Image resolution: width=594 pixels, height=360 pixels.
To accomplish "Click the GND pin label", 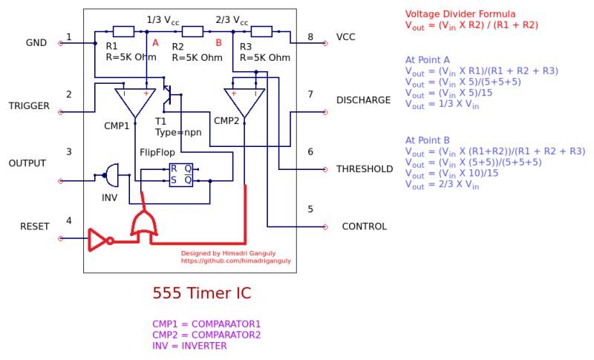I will (x=36, y=43).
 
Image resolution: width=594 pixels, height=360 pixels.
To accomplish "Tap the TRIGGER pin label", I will (x=29, y=106).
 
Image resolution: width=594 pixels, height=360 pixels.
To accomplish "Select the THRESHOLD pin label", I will (x=365, y=169).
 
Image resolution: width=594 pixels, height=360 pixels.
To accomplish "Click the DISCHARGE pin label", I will (x=363, y=100).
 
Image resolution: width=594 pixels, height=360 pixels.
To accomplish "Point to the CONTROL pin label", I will (x=364, y=226).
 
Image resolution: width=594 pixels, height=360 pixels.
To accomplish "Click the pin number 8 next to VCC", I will (x=310, y=37).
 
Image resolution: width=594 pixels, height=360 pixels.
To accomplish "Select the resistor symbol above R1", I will (x=123, y=31).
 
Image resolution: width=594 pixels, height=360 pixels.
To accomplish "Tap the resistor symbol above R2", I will (x=192, y=31).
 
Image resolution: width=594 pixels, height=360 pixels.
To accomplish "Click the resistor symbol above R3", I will (x=261, y=31).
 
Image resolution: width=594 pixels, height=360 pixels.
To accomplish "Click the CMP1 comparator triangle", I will (x=134, y=101).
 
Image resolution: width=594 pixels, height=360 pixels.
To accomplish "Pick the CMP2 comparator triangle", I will (x=244, y=101).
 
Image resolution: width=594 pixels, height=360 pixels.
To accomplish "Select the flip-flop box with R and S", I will (x=180, y=174).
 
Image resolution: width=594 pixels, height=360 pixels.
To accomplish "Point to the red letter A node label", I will (x=155, y=43).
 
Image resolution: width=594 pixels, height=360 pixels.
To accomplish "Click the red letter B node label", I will (x=218, y=43).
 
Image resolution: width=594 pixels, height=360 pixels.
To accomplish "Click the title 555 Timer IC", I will (x=201, y=293).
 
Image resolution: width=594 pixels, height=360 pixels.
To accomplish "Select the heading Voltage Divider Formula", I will (x=460, y=14).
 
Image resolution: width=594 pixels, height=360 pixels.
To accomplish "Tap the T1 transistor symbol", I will (x=168, y=95).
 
